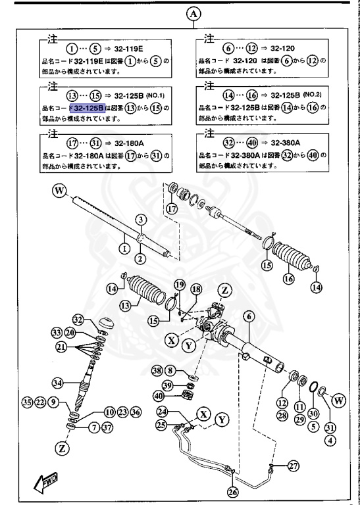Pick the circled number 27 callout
pos(294,466)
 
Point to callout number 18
pos(195,289)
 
